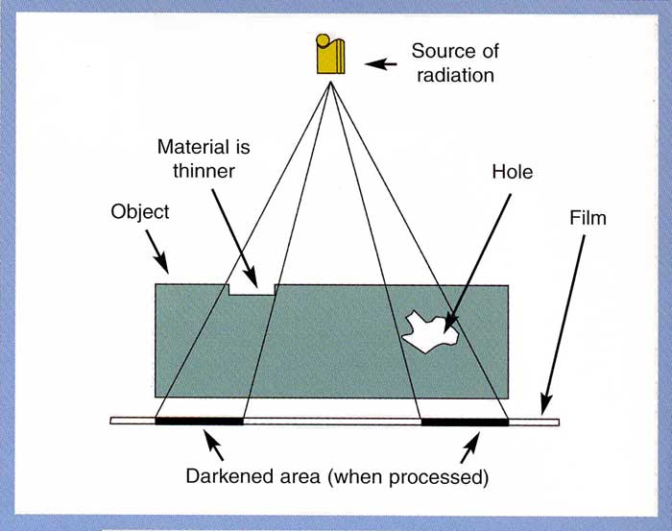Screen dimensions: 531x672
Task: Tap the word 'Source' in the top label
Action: tap(441, 50)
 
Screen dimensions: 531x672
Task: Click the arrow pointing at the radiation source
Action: tap(383, 64)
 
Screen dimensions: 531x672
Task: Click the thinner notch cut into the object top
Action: tap(252, 288)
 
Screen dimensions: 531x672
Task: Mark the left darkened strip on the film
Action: tap(200, 421)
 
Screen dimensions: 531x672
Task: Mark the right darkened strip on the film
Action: tap(465, 421)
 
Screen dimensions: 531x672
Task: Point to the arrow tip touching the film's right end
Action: tap(543, 411)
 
